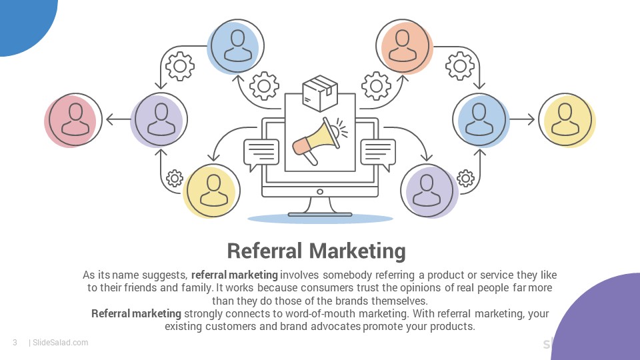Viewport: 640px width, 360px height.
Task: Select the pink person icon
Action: click(73, 120)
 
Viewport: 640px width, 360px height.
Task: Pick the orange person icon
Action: click(404, 46)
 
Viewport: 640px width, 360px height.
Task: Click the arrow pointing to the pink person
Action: click(118, 119)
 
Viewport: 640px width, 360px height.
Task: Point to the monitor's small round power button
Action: click(320, 192)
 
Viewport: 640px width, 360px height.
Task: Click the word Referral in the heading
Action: click(265, 251)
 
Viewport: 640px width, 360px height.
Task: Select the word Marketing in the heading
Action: click(357, 251)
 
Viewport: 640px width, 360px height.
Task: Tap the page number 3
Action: click(15, 343)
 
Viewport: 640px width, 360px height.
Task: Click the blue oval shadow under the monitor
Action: click(320, 219)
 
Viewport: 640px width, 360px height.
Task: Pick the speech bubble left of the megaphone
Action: click(261, 154)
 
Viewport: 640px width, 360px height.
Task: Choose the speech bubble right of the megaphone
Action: click(378, 154)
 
